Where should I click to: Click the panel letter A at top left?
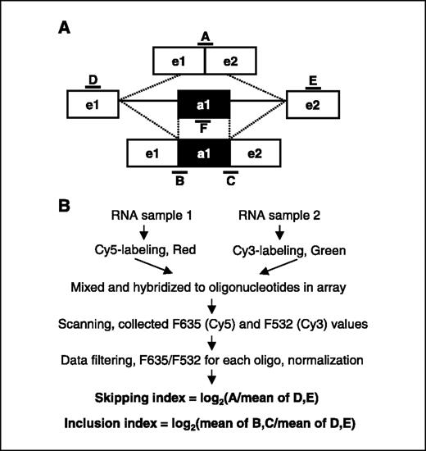pos(65,28)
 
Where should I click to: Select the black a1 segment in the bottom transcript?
pos(205,153)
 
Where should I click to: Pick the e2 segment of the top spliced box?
pos(230,61)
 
